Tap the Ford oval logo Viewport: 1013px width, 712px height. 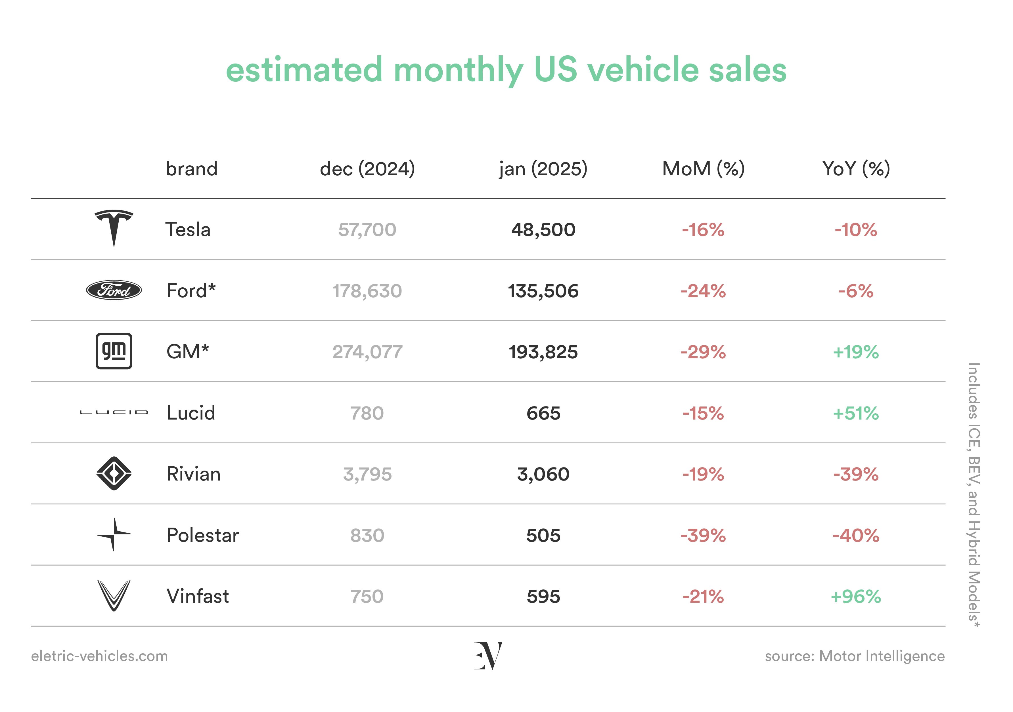[x=114, y=290]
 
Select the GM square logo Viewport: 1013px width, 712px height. [x=114, y=351]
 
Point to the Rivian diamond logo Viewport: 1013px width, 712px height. [x=114, y=473]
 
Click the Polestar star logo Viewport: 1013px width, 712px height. [x=114, y=534]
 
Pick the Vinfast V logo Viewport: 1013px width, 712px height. [x=114, y=596]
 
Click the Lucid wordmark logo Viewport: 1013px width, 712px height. [x=114, y=413]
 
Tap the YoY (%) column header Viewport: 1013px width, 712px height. [x=856, y=169]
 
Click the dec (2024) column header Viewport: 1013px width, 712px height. [x=367, y=169]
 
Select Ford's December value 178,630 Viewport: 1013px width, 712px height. [x=367, y=291]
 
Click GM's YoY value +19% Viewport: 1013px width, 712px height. [x=856, y=352]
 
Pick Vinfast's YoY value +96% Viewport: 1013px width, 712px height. [x=856, y=597]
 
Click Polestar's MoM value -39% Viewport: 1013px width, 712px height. [x=703, y=536]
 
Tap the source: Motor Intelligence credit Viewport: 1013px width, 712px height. [x=855, y=656]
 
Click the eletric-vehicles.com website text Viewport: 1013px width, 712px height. [x=99, y=656]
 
